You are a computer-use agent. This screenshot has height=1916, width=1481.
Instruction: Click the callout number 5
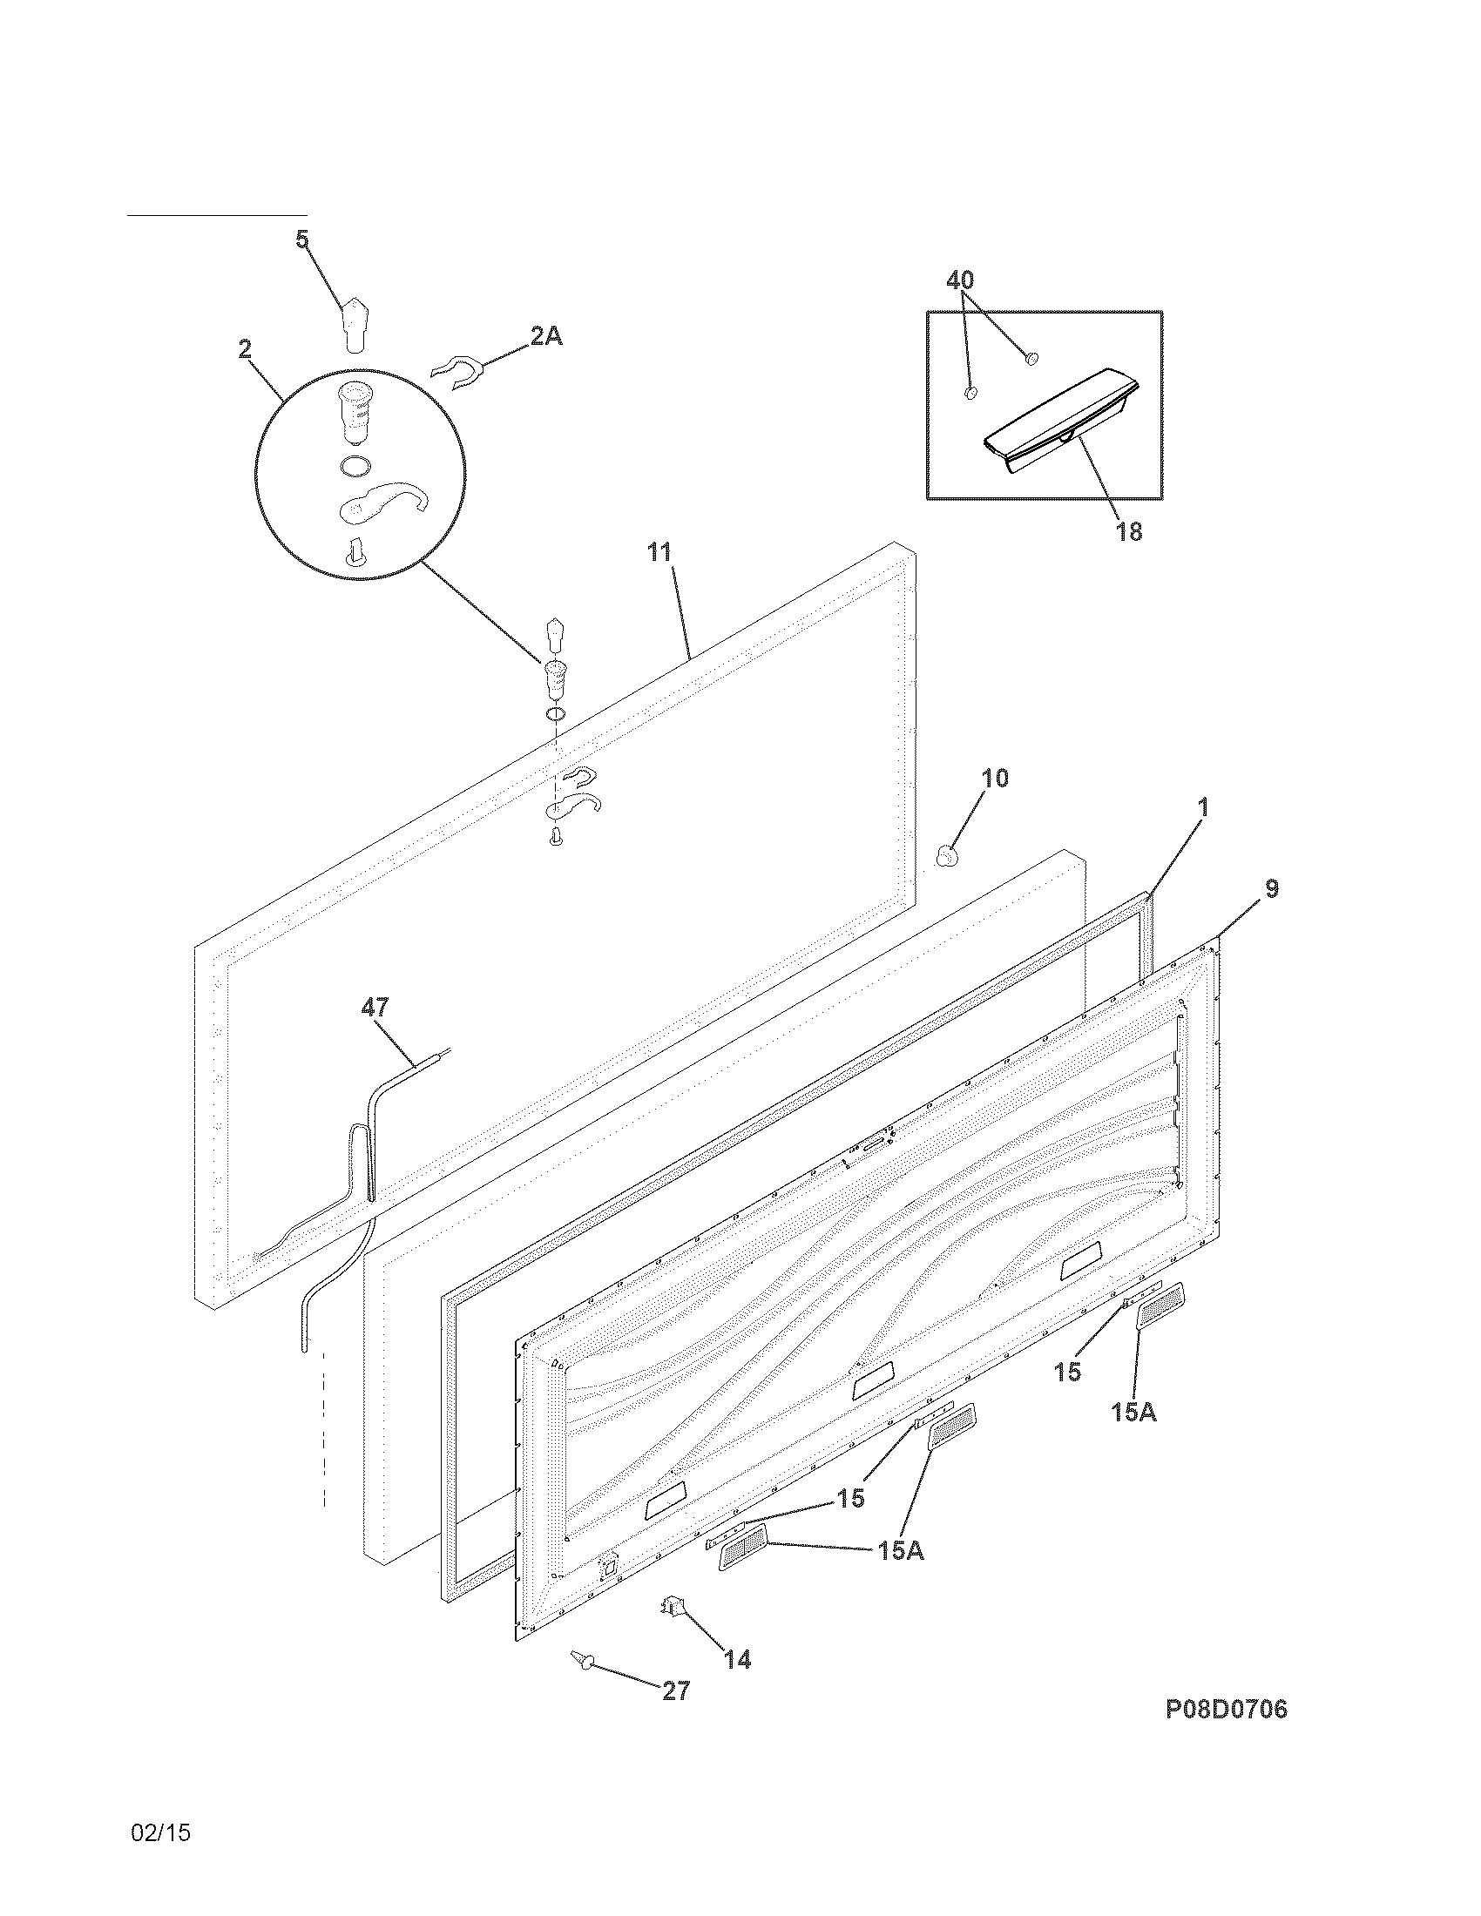pos(301,239)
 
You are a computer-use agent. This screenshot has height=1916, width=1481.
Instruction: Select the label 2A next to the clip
pos(545,336)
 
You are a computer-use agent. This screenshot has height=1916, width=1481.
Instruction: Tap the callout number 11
pos(659,552)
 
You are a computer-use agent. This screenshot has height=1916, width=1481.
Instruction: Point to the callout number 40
pos(960,280)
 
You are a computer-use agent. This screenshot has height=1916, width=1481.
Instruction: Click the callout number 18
pos(1129,530)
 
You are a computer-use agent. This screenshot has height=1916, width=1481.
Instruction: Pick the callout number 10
pos(994,778)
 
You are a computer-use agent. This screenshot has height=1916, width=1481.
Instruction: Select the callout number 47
pos(375,1007)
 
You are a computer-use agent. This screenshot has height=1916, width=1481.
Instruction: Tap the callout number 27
pos(675,1690)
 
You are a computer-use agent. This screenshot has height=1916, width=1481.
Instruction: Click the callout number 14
pos(738,1659)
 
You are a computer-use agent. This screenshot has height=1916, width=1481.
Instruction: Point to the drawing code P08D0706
pos(1226,1734)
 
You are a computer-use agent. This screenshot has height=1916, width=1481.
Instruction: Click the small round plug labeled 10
pos(946,853)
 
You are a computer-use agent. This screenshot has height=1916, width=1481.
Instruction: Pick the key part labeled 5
pos(355,323)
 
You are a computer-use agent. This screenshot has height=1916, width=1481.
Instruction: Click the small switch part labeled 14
pos(673,1607)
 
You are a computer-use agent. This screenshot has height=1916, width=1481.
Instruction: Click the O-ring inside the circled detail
pos(354,467)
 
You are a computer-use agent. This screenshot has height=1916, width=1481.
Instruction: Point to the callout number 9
pos(1271,888)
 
